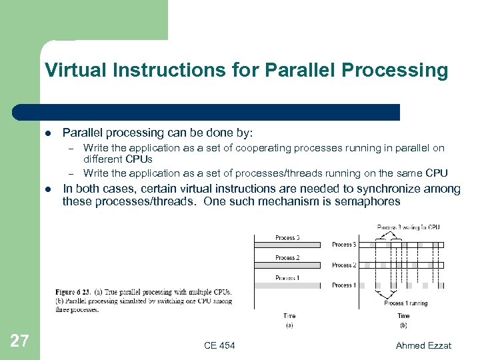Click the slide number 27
pos(20,341)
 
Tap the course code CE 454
pos(219,345)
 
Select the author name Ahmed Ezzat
pos(423,345)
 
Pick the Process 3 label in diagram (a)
pos(287,237)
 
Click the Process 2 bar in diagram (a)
pos(287,265)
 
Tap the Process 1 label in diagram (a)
pos(287,277)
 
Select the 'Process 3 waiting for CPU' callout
pos(408,227)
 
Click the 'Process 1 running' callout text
pos(406,303)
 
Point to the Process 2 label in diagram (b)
pos(343,265)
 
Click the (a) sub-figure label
pos(289,325)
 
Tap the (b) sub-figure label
pos(403,325)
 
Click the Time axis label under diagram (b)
pos(403,316)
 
